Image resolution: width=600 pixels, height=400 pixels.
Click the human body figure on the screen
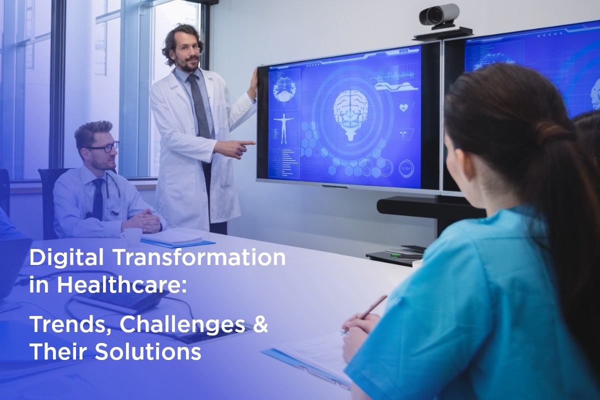click(x=283, y=128)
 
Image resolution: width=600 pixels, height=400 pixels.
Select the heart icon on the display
click(x=403, y=107)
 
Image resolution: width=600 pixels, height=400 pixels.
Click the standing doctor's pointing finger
click(x=248, y=143)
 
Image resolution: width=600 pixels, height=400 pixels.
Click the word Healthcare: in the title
click(x=121, y=284)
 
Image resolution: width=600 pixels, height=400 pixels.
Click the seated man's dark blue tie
click(x=98, y=198)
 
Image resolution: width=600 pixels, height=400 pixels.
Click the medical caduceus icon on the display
click(x=403, y=134)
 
